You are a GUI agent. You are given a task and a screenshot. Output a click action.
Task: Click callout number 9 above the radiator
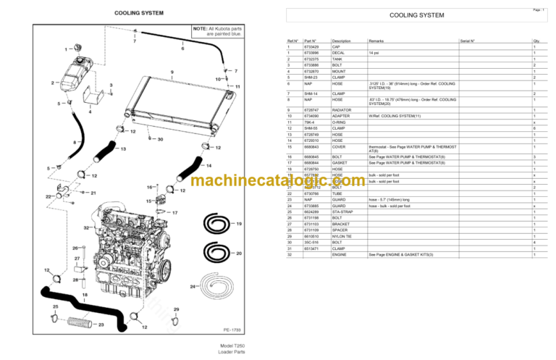coord(172,72)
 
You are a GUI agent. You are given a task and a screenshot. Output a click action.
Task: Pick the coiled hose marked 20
coord(216,253)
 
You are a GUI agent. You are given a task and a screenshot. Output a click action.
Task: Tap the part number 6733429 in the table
coord(312,47)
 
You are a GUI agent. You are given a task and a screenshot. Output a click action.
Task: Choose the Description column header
coord(341,41)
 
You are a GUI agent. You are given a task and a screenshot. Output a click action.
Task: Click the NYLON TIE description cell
coord(344,236)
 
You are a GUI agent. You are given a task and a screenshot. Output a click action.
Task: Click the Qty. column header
coord(536,41)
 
